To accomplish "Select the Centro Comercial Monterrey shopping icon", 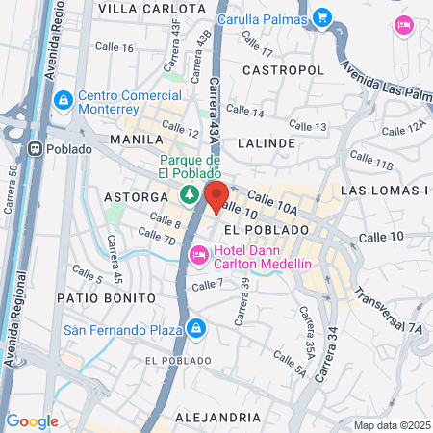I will [64, 99].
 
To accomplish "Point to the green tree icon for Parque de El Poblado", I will [190, 193].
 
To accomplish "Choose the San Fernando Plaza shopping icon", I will [195, 329].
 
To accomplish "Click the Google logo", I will [32, 420].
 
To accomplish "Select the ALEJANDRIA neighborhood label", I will [218, 417].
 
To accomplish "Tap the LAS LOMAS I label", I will [385, 190].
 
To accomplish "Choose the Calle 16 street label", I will [115, 47].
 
